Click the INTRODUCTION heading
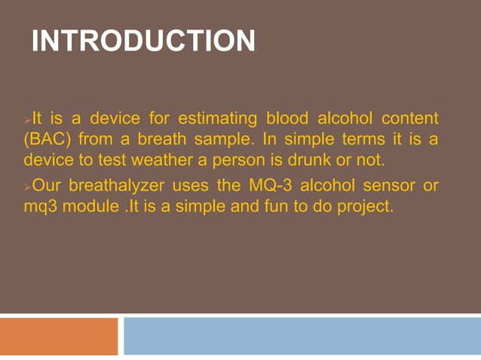click(x=143, y=41)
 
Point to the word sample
click(x=209, y=140)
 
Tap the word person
click(x=226, y=160)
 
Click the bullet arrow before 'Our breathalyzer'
click(x=26, y=187)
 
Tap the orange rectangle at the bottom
click(x=59, y=336)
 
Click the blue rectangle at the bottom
click(x=302, y=336)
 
